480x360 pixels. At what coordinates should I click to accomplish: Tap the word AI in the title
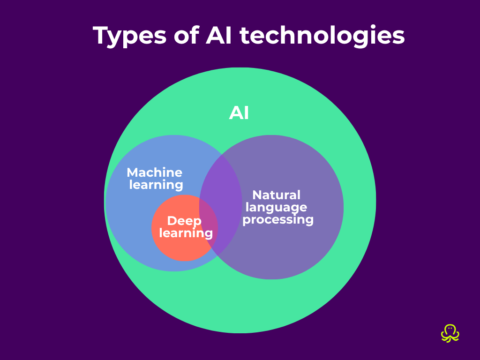[x=219, y=35]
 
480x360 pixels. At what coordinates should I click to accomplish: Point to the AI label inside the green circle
[x=239, y=113]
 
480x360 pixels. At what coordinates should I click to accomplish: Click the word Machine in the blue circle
[x=155, y=172]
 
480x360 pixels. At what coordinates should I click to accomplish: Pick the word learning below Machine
[x=156, y=185]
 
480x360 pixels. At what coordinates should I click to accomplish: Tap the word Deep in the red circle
[x=184, y=221]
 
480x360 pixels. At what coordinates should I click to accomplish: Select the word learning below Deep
[x=186, y=232]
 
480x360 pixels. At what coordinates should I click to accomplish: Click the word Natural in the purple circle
[x=277, y=195]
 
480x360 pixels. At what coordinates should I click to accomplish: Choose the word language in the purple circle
[x=277, y=207]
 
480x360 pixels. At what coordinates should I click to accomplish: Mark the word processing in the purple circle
[x=278, y=219]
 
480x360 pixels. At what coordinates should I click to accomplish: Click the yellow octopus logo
[x=450, y=333]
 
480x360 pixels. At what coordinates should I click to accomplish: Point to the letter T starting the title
[x=101, y=35]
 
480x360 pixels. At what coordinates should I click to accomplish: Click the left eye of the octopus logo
[x=448, y=329]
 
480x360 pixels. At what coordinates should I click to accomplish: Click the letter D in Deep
[x=172, y=221]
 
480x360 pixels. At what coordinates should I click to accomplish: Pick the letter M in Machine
[x=133, y=172]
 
